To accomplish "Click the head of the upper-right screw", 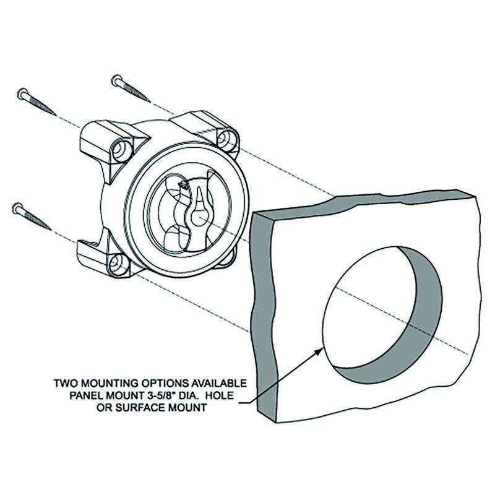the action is [x=117, y=80].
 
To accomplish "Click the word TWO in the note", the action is [x=66, y=383].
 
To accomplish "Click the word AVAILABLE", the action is [x=217, y=383].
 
